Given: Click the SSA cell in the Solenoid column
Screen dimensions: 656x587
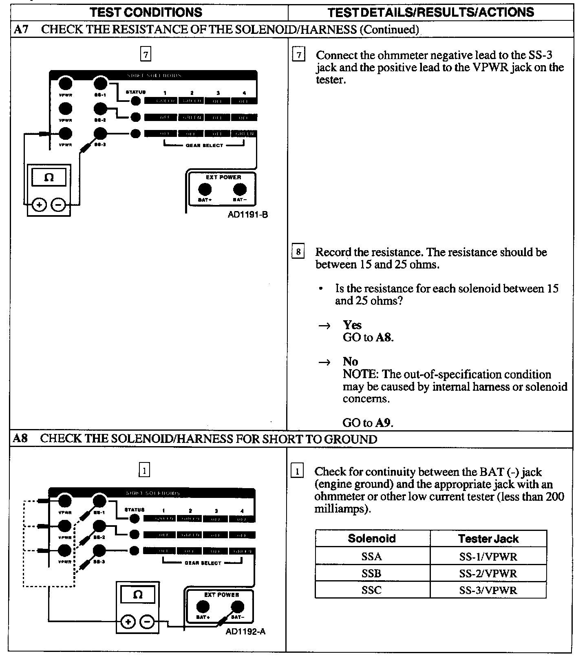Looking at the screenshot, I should click(x=371, y=557).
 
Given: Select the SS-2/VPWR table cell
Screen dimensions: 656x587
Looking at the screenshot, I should click(x=488, y=574).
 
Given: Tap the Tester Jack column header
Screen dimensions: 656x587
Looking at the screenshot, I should click(x=488, y=539).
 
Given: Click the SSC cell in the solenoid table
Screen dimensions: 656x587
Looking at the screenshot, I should click(x=371, y=590).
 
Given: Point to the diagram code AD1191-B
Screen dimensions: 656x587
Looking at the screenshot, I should click(x=248, y=215).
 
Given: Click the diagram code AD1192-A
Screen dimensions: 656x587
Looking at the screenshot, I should click(x=245, y=632).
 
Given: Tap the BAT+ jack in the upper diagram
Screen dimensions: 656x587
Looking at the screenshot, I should click(x=205, y=189).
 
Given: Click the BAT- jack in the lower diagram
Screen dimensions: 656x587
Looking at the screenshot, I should click(x=237, y=607).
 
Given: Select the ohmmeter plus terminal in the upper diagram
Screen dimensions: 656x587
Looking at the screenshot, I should click(x=39, y=205).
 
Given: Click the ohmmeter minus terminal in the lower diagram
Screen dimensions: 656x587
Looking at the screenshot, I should click(x=147, y=622).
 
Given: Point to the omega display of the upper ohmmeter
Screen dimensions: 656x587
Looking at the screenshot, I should click(x=49, y=178).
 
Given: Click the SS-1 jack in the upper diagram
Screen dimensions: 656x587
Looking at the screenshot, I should click(x=100, y=84).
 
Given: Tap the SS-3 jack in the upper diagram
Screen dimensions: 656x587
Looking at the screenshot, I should click(x=100, y=133).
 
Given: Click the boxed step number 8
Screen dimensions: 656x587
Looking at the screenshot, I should click(x=298, y=252).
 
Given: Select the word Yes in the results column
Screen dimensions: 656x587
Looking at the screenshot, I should click(x=352, y=325).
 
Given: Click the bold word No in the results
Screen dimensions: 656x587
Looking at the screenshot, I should click(x=350, y=361).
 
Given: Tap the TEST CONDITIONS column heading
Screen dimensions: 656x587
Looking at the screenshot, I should click(x=146, y=12).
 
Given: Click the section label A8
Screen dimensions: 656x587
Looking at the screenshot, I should click(x=20, y=438).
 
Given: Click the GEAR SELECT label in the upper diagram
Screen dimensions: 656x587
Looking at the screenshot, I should click(x=204, y=145).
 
